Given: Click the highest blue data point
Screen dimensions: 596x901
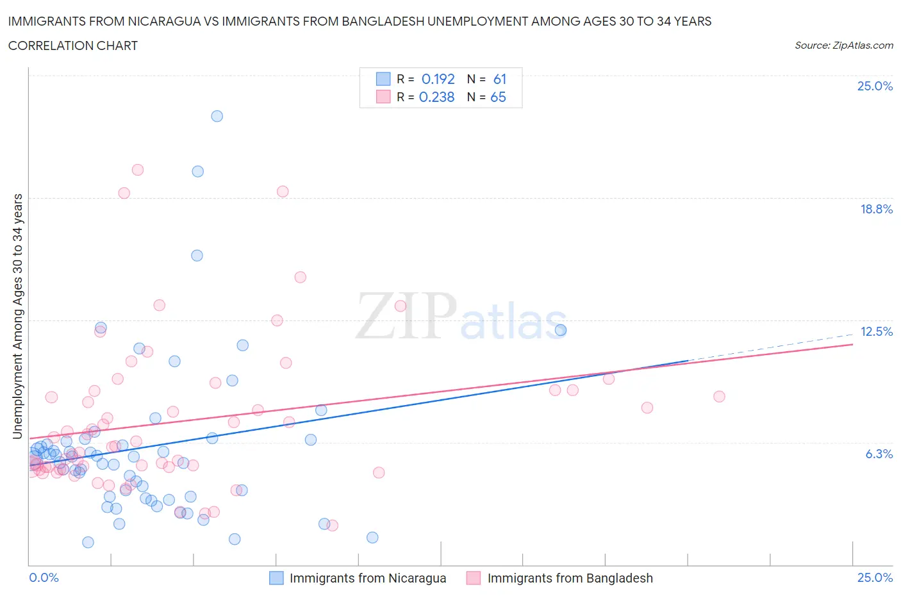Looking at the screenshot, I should (217, 116).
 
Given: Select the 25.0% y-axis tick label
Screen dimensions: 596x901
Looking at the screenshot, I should (875, 86).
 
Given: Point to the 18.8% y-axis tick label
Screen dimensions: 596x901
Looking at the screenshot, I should (876, 209).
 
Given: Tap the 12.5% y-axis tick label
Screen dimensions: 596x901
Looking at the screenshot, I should (876, 331).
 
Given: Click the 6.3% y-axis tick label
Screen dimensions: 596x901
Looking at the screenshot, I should (879, 454).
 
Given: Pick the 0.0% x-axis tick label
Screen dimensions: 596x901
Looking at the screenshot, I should (44, 577).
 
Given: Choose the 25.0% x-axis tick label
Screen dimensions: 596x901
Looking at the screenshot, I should (875, 577).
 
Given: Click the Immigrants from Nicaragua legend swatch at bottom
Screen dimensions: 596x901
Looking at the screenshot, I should (276, 578).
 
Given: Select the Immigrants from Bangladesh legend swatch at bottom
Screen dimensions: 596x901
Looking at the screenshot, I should (474, 578).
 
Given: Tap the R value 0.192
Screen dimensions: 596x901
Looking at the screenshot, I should (438, 79).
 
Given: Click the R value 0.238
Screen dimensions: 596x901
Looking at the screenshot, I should (436, 97).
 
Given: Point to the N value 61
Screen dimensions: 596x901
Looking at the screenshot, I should (500, 79).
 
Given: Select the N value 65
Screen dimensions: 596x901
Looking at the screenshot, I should (498, 97).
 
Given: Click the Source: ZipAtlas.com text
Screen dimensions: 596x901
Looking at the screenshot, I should (843, 45).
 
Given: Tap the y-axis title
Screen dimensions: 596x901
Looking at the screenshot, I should (18, 316).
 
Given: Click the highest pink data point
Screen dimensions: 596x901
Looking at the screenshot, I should (138, 170).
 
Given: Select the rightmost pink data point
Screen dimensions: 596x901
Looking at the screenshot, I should (719, 397).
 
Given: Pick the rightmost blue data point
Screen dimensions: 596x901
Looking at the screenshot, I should (561, 330).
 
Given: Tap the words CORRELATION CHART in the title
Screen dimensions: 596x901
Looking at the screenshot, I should (73, 46).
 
